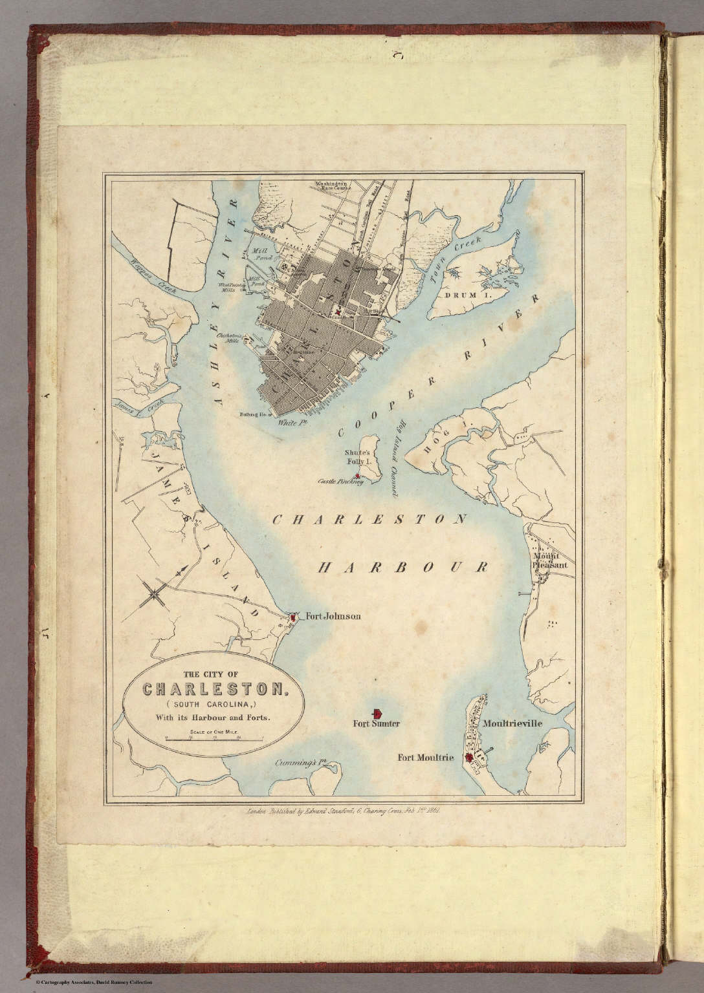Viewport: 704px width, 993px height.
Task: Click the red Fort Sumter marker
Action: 377,712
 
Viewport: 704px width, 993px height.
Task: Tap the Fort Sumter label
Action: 377,725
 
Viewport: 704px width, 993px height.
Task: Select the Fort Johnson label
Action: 333,617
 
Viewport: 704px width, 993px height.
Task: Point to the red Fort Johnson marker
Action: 293,618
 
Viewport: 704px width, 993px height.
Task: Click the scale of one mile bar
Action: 205,738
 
